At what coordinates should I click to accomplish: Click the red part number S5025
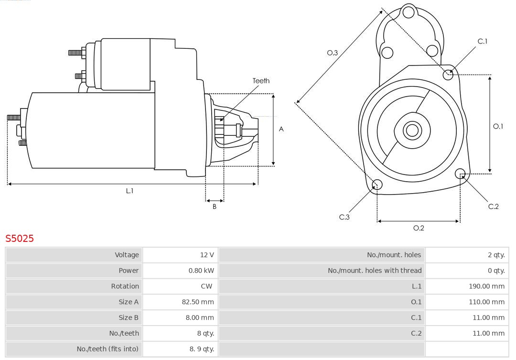point(20,238)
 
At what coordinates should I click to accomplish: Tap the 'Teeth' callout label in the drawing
point(261,81)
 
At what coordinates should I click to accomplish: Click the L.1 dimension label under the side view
point(129,191)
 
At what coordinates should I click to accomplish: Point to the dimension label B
point(215,207)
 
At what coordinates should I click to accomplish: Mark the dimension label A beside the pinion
point(281,129)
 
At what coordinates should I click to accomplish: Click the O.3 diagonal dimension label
point(333,53)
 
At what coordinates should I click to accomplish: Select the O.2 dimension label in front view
point(419,228)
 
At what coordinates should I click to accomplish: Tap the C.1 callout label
point(483,42)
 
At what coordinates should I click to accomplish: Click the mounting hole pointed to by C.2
point(460,173)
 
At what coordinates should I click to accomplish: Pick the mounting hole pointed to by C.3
point(377,185)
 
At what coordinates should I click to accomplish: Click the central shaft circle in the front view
point(411,130)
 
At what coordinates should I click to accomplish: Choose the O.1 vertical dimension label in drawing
point(498,126)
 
